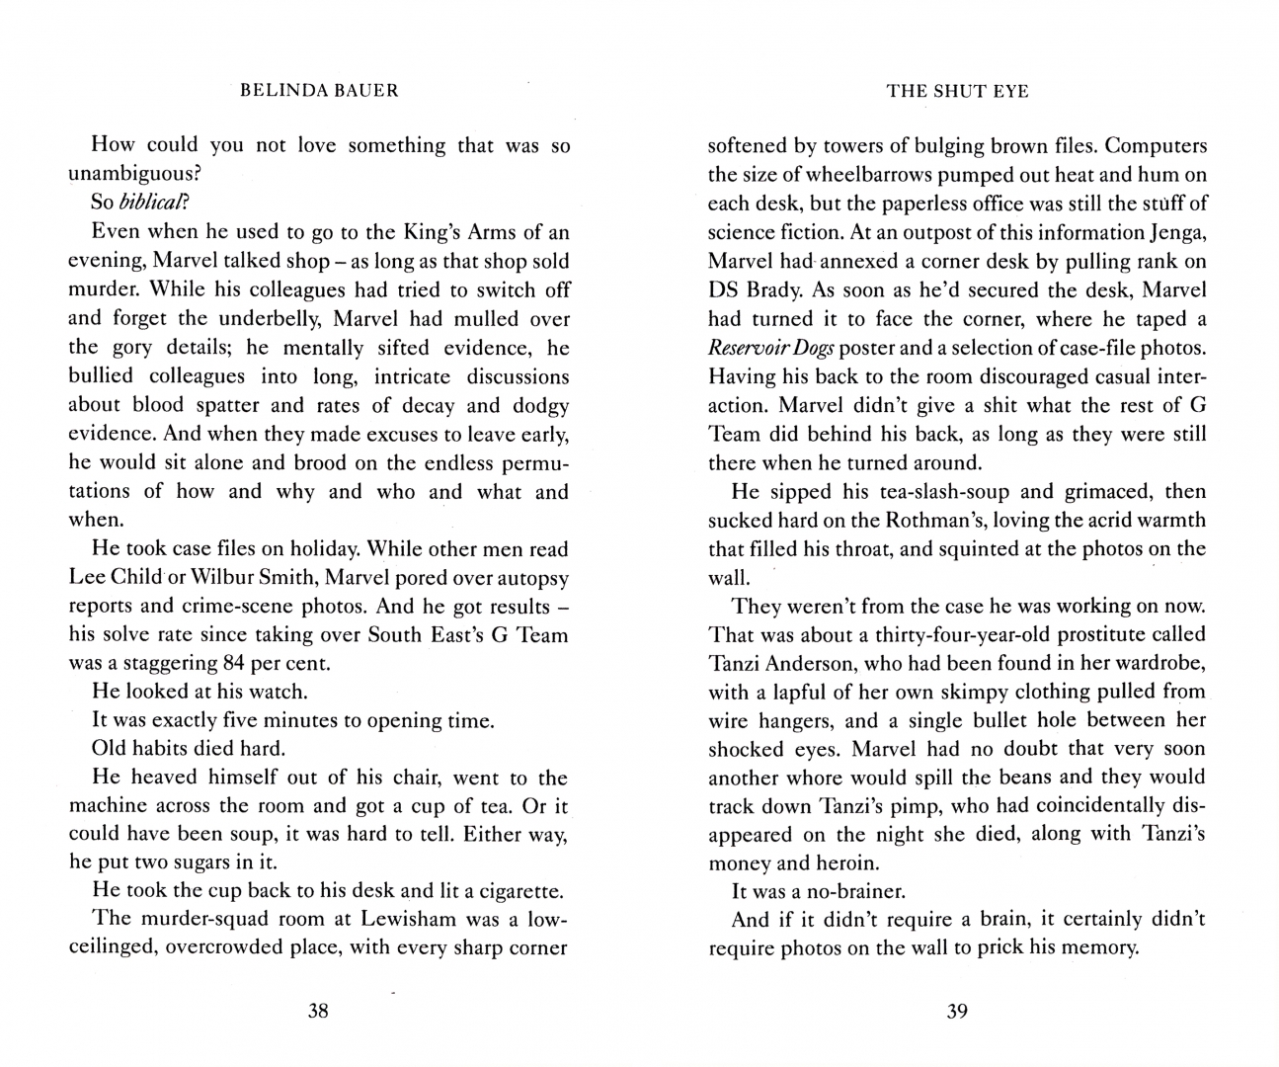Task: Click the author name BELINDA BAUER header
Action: (320, 91)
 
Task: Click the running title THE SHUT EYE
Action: (957, 92)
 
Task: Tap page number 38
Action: (318, 1011)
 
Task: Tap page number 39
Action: (957, 1011)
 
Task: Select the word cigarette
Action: (520, 890)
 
